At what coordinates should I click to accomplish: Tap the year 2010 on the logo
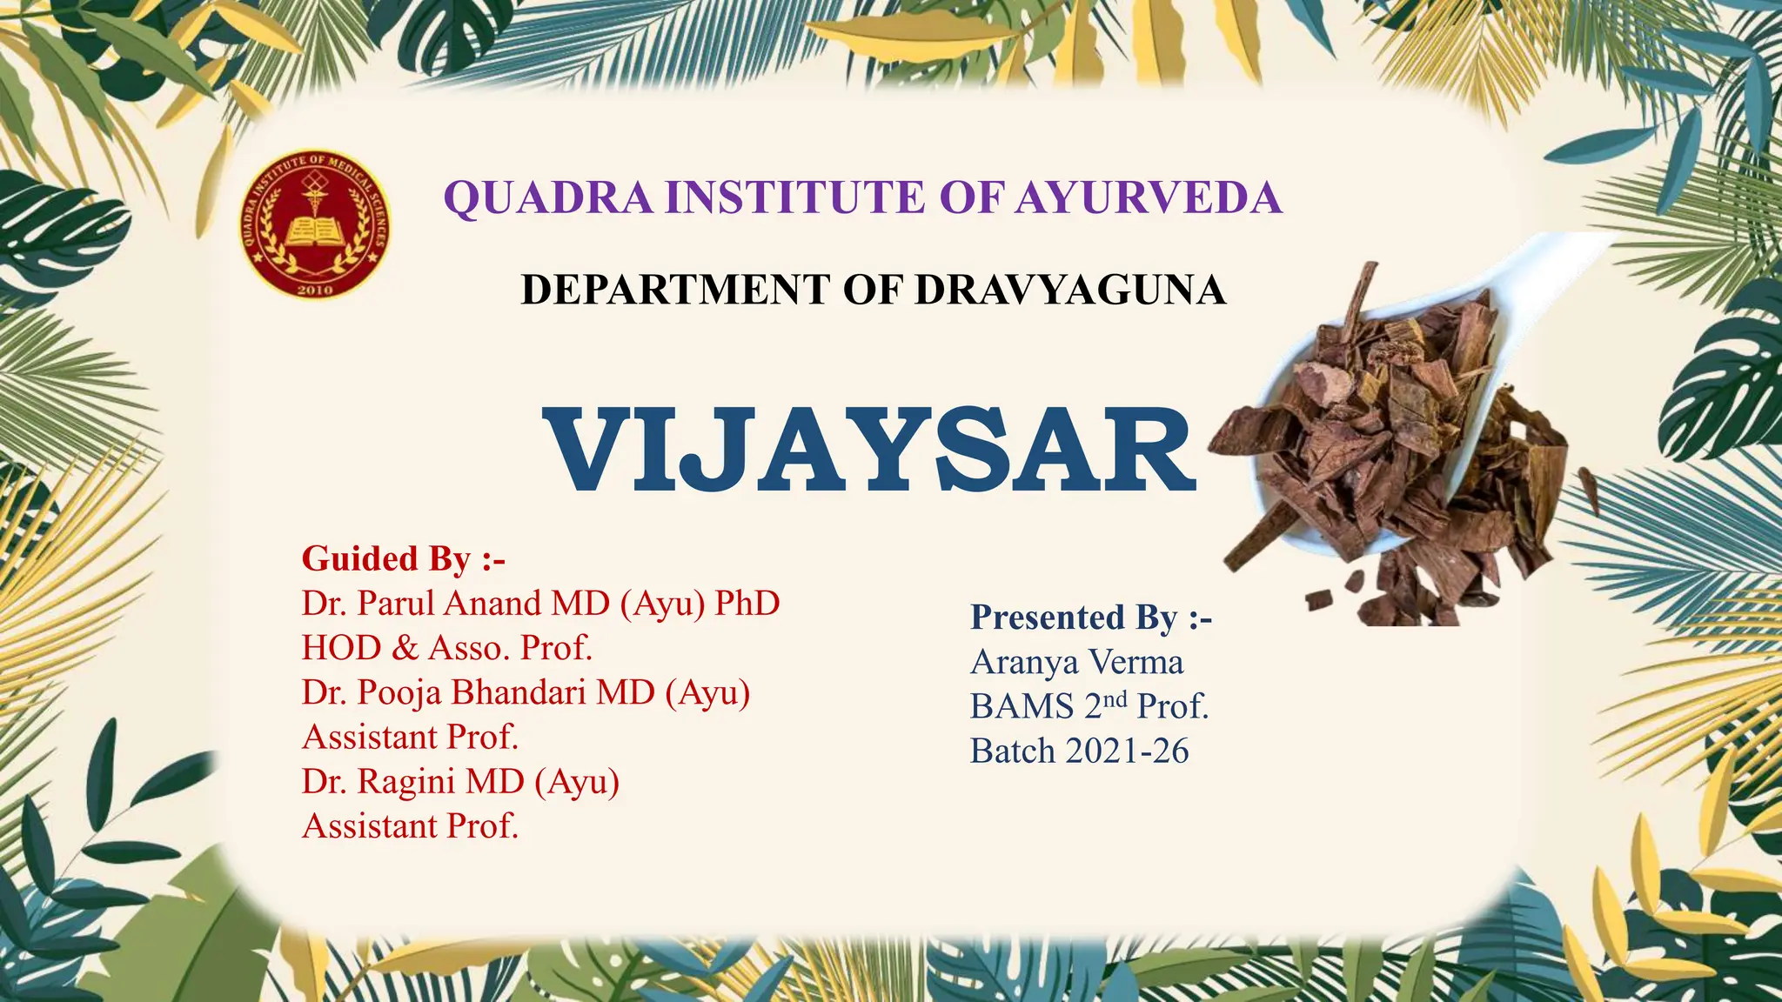315,289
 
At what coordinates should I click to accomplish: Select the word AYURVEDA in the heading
1148,197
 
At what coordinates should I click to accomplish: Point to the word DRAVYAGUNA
1069,291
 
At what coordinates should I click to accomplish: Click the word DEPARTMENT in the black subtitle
674,291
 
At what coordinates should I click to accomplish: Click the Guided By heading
403,558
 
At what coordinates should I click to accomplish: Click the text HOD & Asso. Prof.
446,648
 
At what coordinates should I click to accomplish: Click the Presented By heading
1090,618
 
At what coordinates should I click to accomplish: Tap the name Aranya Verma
1076,663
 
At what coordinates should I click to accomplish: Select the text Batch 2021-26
1079,751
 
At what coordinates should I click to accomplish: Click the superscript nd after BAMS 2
1115,698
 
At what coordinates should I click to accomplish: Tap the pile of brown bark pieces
1392,452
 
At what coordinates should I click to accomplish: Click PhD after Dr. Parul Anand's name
747,604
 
